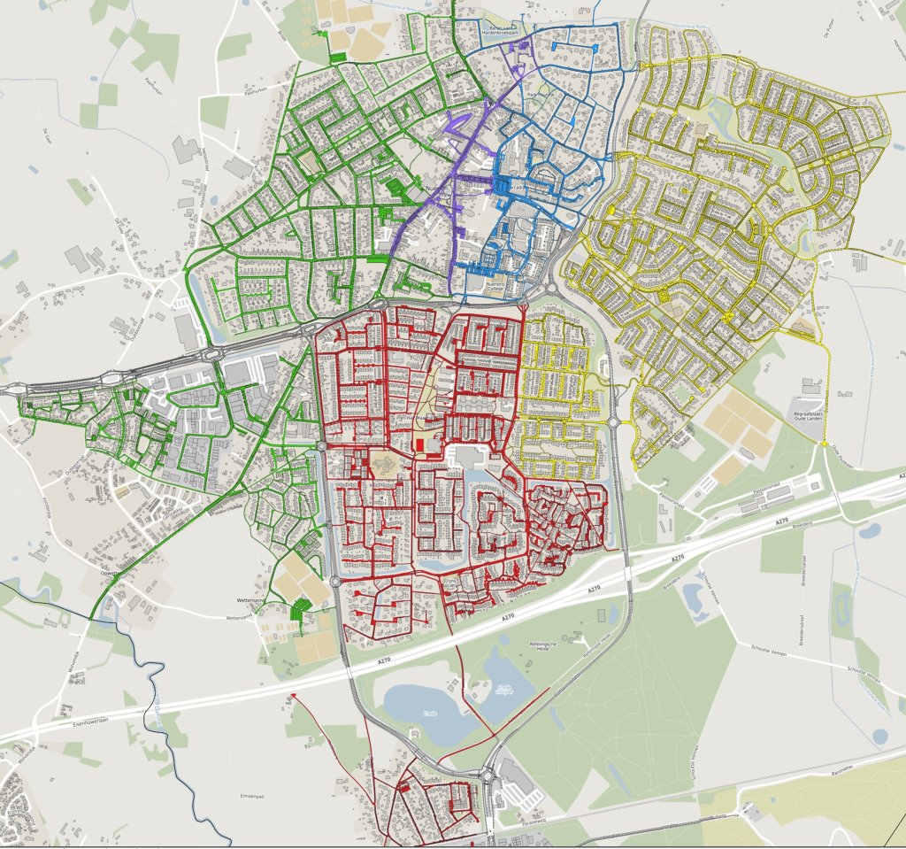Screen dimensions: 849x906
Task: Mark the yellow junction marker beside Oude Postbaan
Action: click(x=824, y=443)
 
